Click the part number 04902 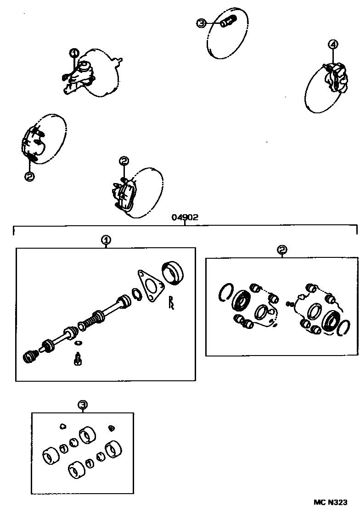(185, 217)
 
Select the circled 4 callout (333, 44)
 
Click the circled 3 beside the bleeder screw (201, 23)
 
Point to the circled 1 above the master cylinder (74, 53)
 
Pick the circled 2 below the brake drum (29, 176)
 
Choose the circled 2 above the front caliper (124, 161)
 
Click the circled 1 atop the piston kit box (106, 240)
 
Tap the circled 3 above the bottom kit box (82, 405)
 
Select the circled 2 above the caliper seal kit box (282, 250)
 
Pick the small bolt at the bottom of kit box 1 (78, 358)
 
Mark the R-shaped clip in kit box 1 (172, 303)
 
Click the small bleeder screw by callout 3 (228, 22)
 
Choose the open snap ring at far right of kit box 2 (344, 328)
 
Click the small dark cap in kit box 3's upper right (111, 428)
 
